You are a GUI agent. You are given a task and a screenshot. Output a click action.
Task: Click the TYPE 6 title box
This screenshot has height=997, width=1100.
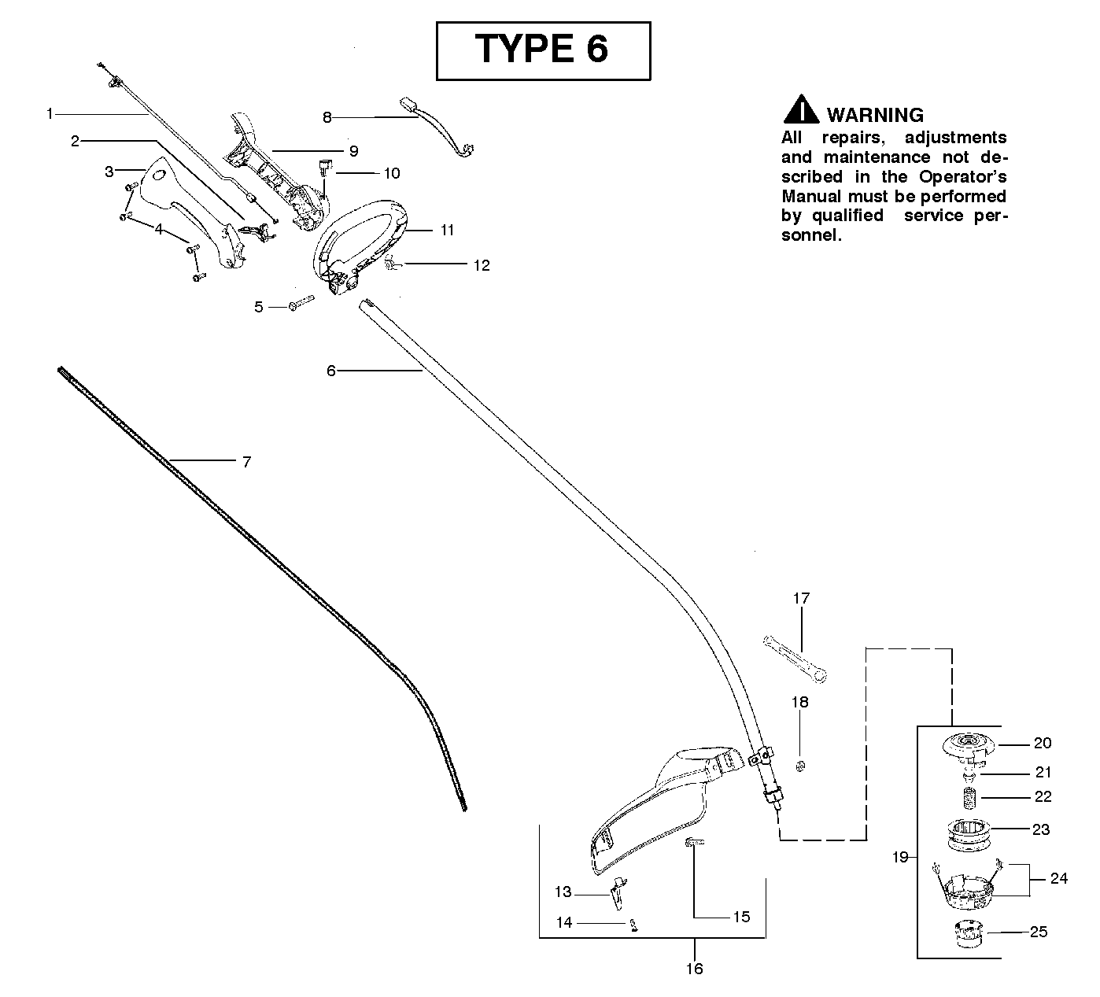[543, 51]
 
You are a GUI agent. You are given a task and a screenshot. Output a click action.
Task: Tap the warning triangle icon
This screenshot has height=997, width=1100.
[801, 109]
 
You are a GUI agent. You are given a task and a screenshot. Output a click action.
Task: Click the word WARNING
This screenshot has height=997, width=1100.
[875, 115]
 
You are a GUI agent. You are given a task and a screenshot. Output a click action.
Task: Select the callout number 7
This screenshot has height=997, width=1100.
[247, 462]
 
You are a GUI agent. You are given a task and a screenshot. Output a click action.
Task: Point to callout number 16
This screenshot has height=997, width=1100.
[694, 969]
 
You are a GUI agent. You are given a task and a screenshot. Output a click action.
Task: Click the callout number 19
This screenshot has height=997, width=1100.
[900, 857]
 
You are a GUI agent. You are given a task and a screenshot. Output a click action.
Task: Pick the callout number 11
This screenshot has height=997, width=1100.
[448, 231]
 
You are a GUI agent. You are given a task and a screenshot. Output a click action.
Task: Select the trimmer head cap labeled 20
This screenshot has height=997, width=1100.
[968, 748]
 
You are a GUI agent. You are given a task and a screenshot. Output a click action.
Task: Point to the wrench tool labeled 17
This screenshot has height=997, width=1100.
[795, 659]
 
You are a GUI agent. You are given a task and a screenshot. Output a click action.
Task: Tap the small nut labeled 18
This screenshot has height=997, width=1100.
[800, 766]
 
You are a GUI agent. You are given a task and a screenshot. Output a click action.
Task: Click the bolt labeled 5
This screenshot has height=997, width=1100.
[301, 303]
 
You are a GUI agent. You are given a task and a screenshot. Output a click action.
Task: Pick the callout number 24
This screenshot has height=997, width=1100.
[1059, 878]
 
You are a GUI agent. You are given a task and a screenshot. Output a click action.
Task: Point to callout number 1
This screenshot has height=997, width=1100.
[50, 114]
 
